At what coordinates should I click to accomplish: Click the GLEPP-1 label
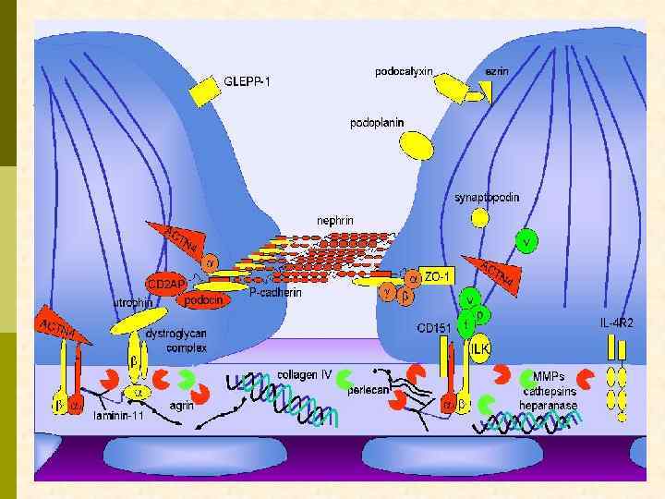(248, 80)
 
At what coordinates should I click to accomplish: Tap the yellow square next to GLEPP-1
(204, 90)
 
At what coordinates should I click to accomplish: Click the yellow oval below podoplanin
(417, 144)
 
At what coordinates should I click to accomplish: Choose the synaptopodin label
(486, 197)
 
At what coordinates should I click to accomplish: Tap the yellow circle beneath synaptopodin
(480, 218)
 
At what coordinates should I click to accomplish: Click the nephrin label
(334, 221)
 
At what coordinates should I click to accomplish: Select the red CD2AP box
(166, 282)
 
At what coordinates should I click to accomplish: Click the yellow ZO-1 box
(440, 276)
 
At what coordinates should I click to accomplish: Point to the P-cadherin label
(275, 292)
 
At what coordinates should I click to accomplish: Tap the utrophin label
(133, 302)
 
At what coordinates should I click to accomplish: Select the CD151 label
(433, 328)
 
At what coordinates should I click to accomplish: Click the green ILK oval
(479, 349)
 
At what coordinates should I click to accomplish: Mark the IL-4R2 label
(616, 323)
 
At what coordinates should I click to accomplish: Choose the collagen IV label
(304, 375)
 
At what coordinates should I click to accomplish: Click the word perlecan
(367, 389)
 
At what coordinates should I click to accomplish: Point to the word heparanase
(550, 405)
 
